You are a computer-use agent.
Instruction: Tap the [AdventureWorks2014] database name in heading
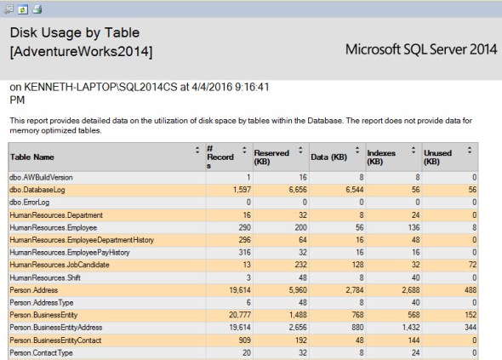[81, 53]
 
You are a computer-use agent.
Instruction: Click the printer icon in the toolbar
[37, 8]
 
